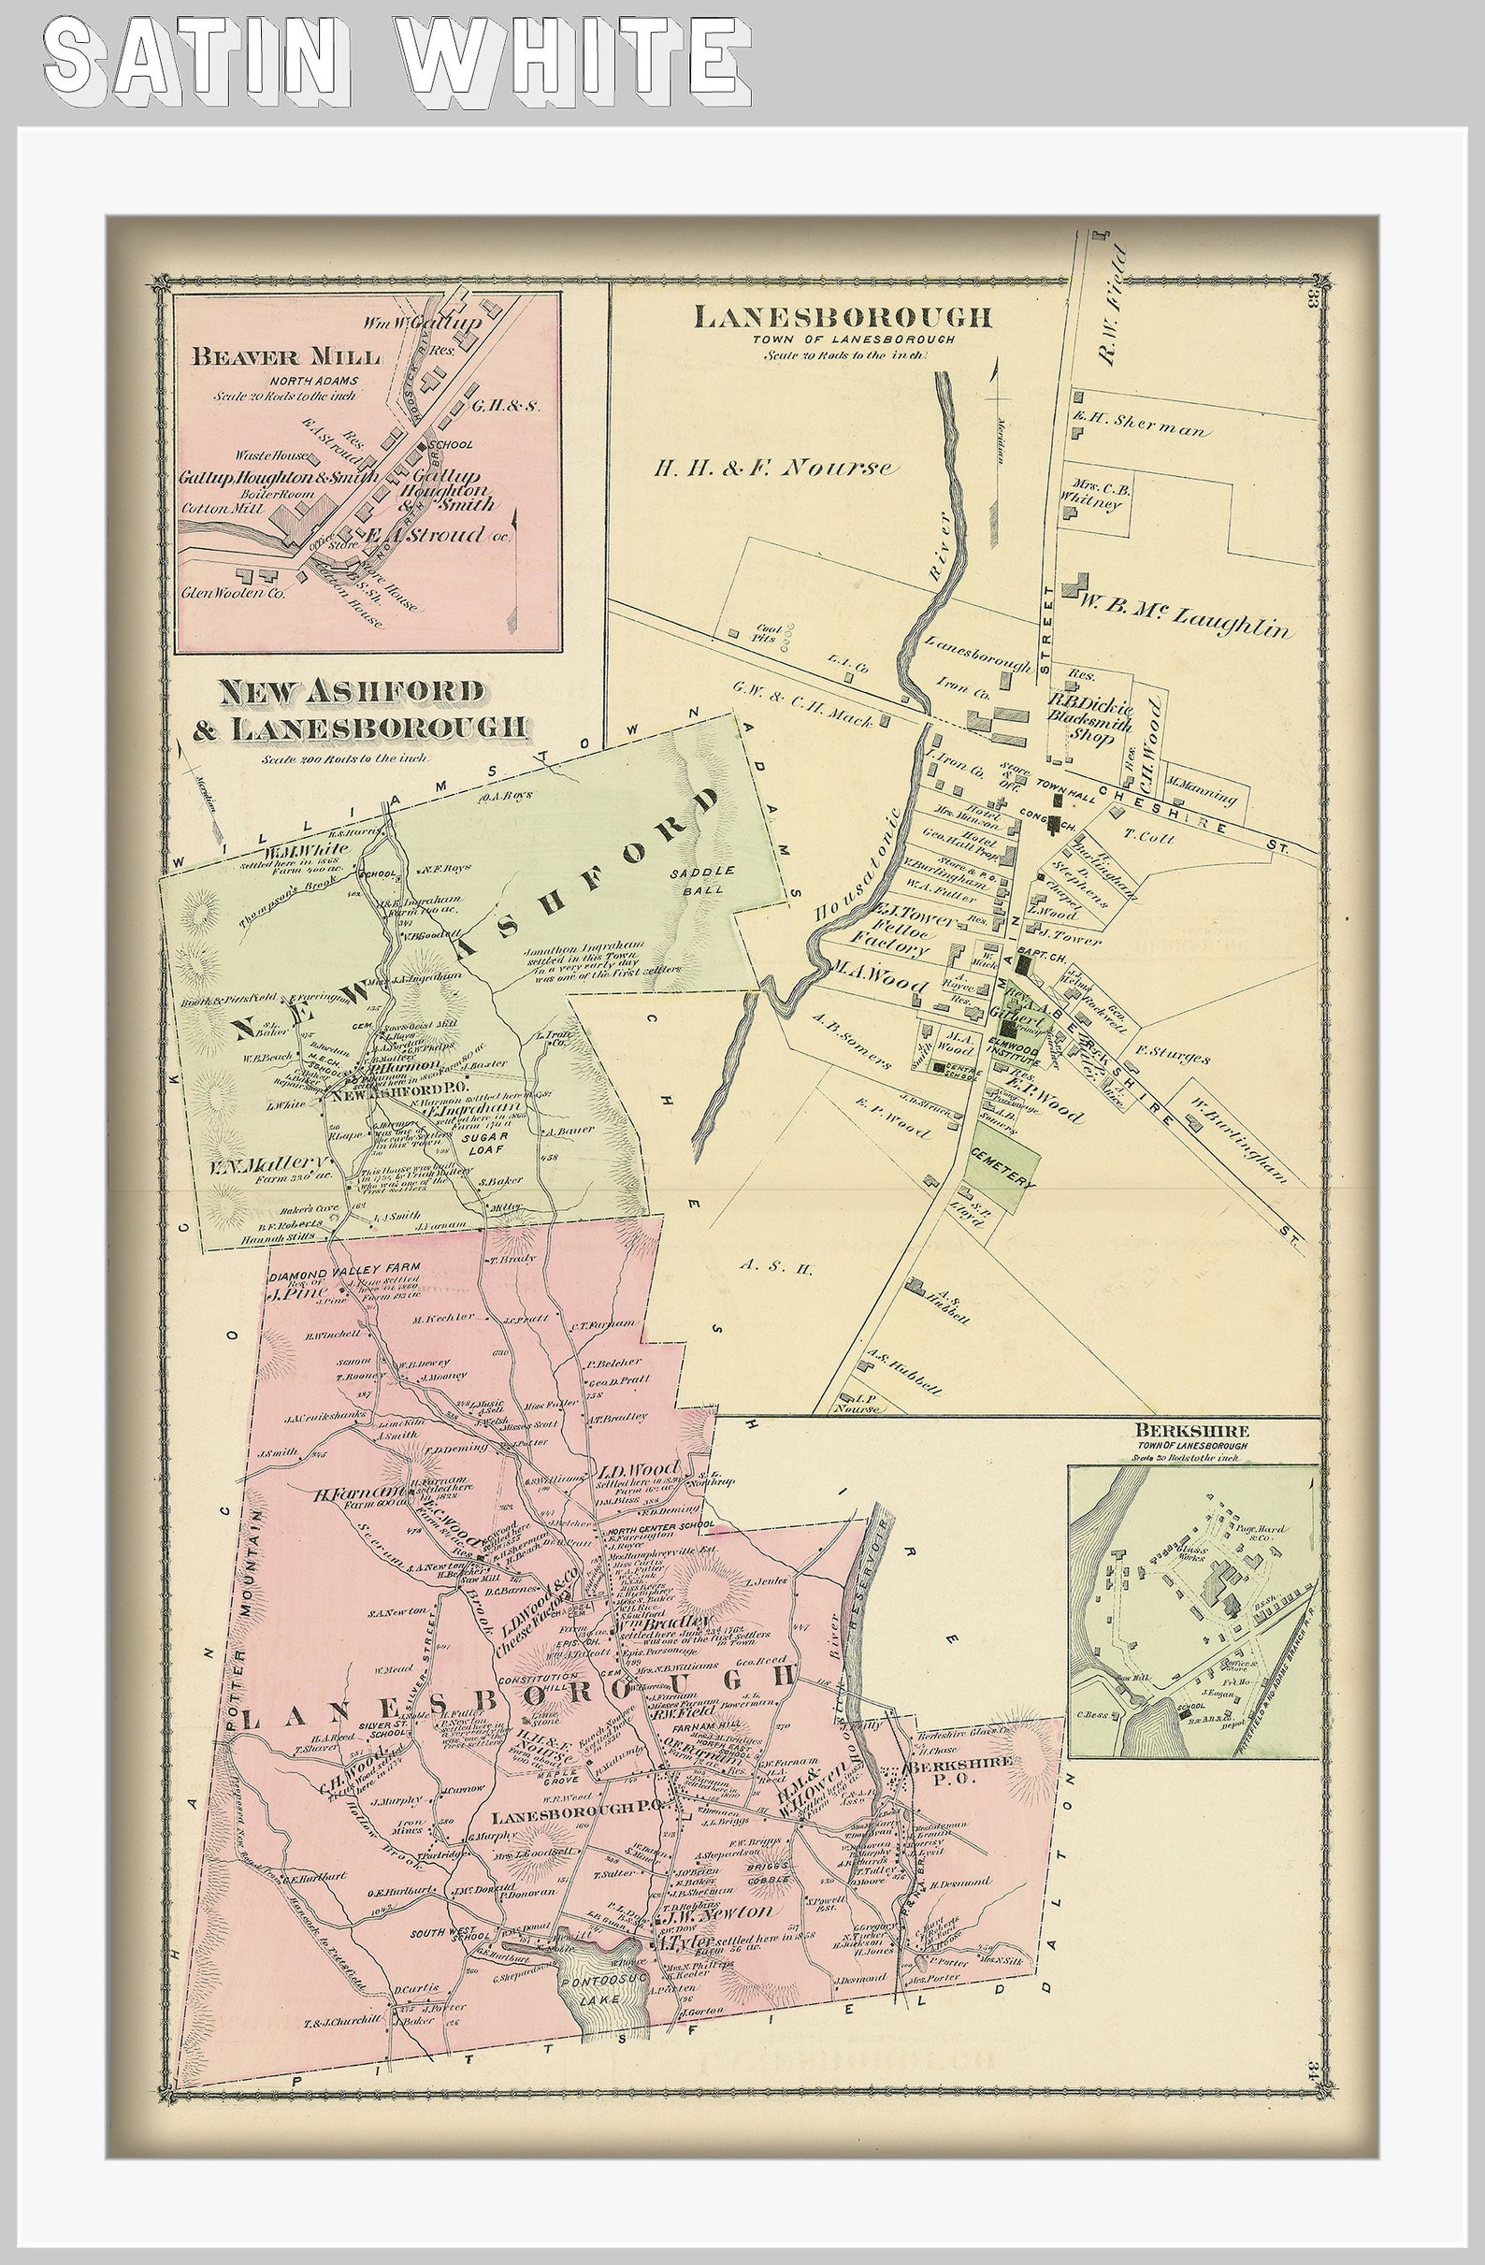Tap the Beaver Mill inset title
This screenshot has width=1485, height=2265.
click(x=285, y=357)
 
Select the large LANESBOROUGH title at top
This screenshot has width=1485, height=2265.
click(x=843, y=317)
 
